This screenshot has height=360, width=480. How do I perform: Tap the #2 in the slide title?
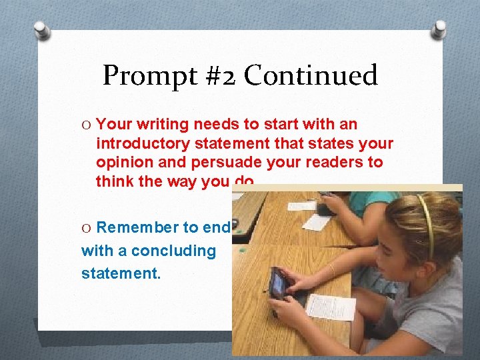(219, 76)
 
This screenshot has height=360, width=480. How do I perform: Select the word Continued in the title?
(311, 76)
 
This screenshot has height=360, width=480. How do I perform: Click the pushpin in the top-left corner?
(42, 29)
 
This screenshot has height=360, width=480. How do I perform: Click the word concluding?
(174, 251)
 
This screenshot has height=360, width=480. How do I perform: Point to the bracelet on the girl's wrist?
(331, 269)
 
